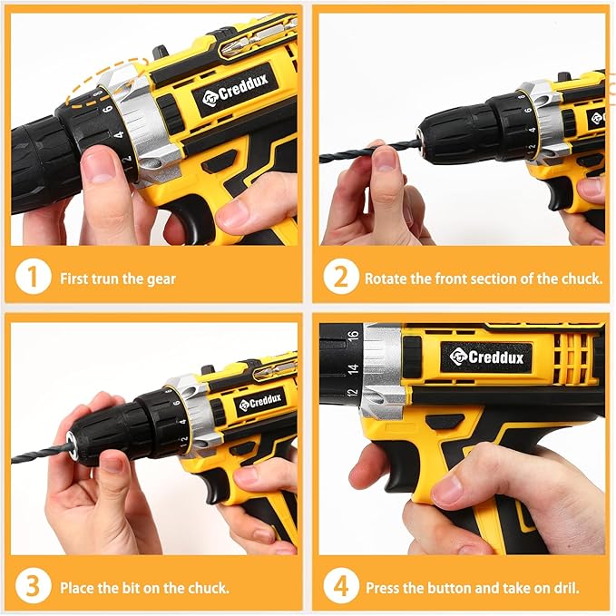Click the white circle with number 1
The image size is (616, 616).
33,279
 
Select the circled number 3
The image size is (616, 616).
33,586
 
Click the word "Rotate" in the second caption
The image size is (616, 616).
386,279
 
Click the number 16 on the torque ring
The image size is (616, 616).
353,336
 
